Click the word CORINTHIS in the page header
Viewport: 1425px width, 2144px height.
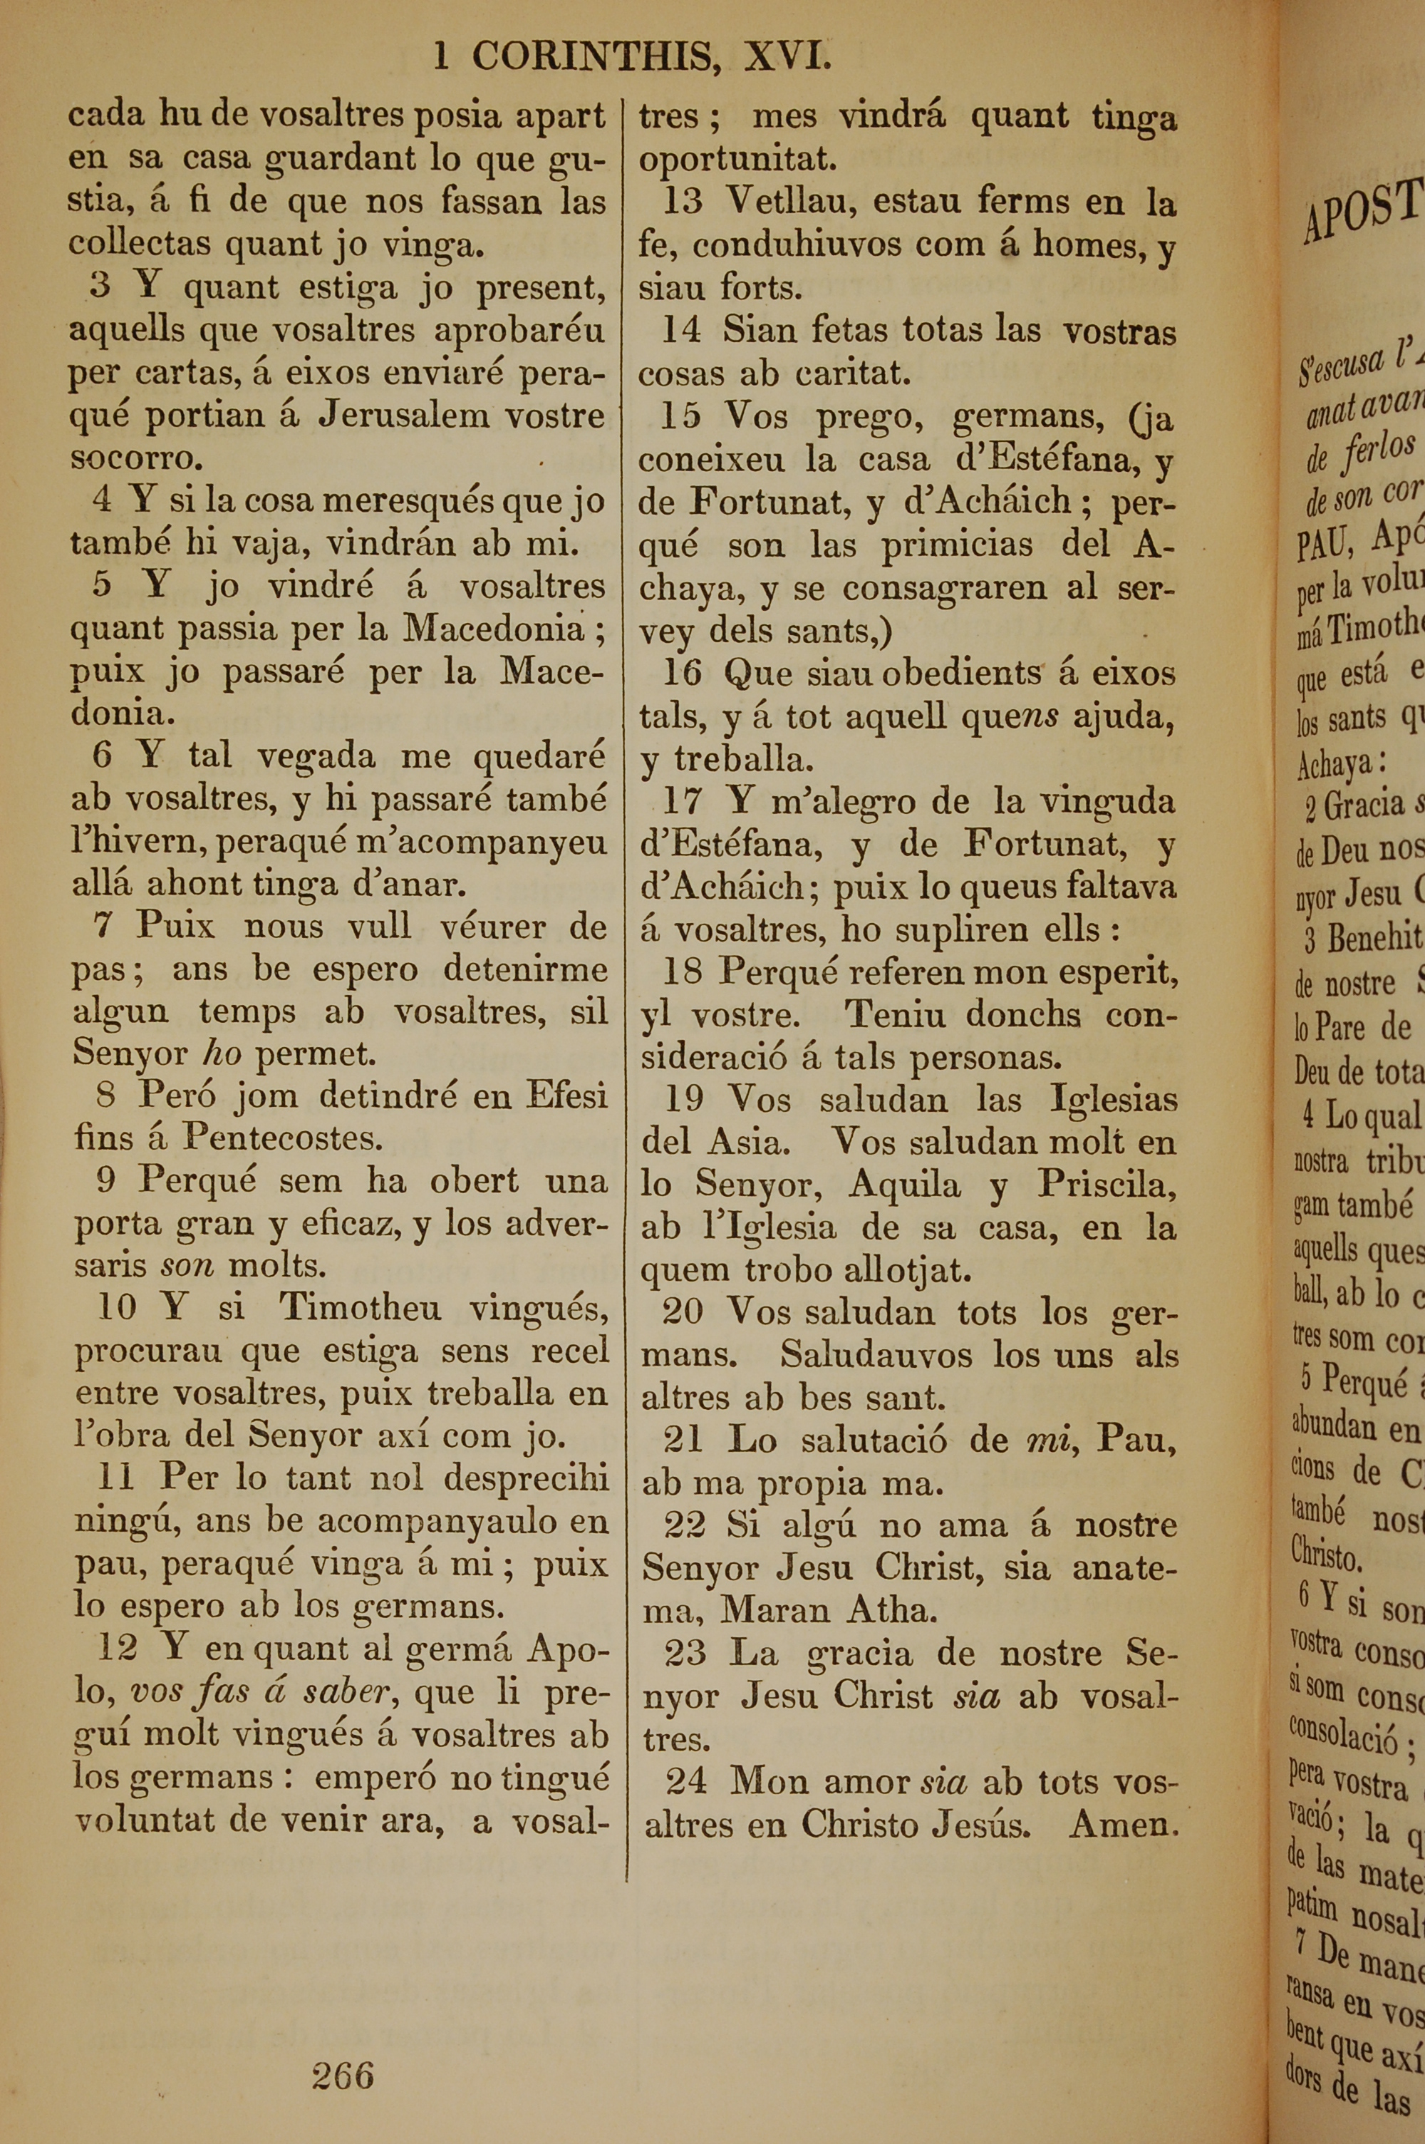pyautogui.click(x=591, y=58)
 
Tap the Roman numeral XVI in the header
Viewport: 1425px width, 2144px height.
pyautogui.click(x=787, y=58)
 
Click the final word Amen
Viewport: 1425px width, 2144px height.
pyautogui.click(x=1124, y=1824)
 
